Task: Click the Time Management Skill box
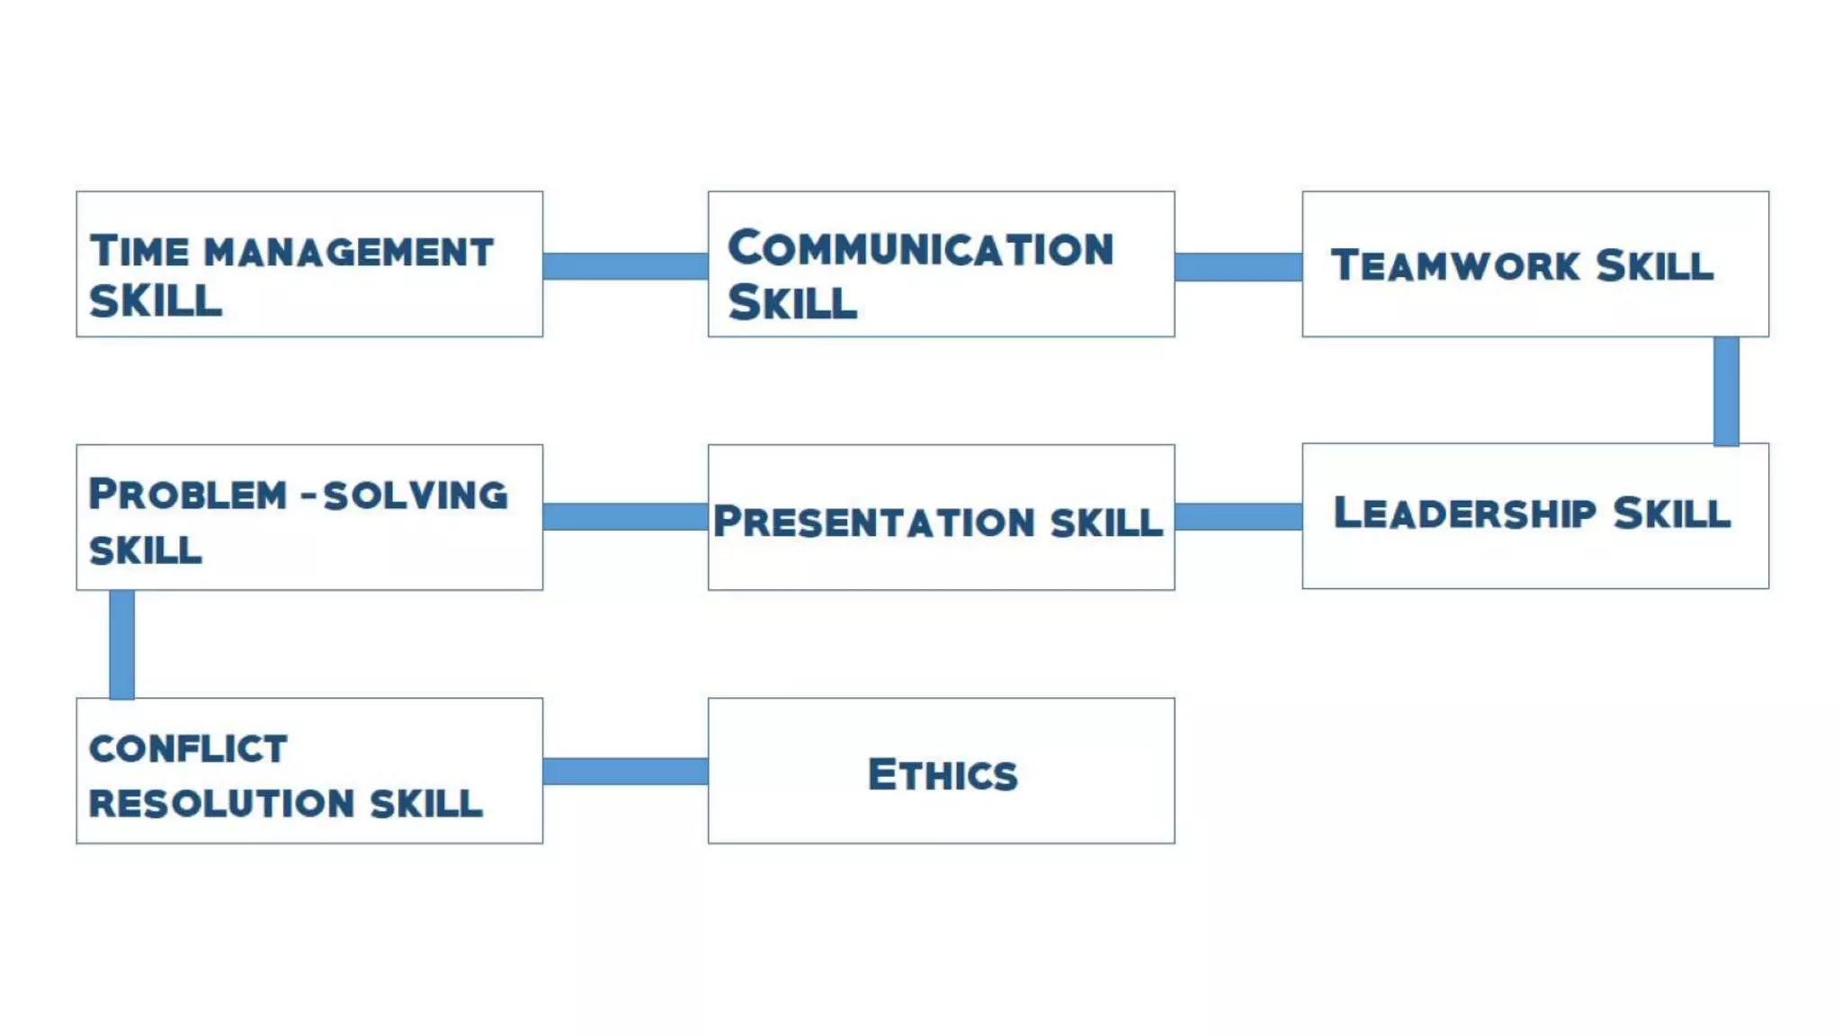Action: [309, 264]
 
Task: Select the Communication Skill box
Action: [941, 264]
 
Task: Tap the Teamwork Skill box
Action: [1535, 264]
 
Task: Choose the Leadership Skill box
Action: [1535, 516]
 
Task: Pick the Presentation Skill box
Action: [941, 517]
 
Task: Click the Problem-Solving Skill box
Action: [309, 517]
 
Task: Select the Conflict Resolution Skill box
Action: [309, 771]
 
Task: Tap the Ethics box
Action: [941, 771]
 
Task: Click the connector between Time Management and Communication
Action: [625, 266]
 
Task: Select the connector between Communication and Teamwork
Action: [1238, 267]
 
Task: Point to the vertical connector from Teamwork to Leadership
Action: [1726, 391]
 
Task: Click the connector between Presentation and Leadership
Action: [1238, 516]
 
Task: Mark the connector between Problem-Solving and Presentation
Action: [625, 516]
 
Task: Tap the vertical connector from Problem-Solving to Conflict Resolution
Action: [122, 644]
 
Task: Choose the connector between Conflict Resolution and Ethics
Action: [625, 771]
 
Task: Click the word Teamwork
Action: [1455, 265]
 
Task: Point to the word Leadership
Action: [1464, 514]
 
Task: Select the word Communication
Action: [920, 249]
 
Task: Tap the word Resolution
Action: [221, 803]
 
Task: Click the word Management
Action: [349, 253]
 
